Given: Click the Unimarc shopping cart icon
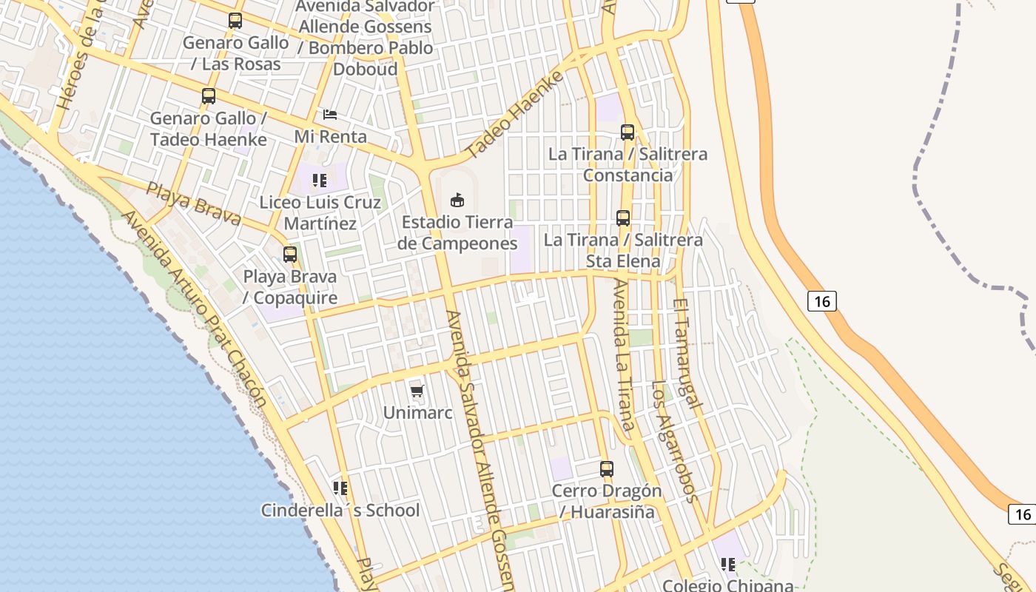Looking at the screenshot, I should (x=417, y=391).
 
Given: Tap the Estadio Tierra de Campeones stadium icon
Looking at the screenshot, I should (x=457, y=200).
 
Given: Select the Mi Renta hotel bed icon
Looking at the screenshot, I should (x=330, y=115).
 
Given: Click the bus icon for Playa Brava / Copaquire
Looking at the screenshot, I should (x=290, y=255).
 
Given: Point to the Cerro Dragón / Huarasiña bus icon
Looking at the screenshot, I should (x=607, y=468).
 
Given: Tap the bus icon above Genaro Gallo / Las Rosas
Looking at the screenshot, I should (x=235, y=21).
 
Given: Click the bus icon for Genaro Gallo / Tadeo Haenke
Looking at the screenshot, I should (x=209, y=96).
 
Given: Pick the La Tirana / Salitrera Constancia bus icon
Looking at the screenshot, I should (x=628, y=132).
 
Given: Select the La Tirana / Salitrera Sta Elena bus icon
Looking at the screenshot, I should (x=623, y=218).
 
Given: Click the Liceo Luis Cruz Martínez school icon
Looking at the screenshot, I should (x=320, y=180).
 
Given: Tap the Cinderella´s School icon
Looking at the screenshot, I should (x=340, y=488).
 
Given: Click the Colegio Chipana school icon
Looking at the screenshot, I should (x=728, y=565).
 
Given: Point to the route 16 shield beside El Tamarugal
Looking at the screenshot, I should (x=821, y=301).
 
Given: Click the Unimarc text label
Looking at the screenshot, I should (x=417, y=413).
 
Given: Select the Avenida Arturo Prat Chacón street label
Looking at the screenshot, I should (x=194, y=309).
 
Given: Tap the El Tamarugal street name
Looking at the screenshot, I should (x=687, y=354).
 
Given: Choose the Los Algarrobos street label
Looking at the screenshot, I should (x=674, y=442).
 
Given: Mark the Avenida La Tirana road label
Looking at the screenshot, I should (x=624, y=355).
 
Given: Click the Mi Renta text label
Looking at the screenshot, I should (x=330, y=137).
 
